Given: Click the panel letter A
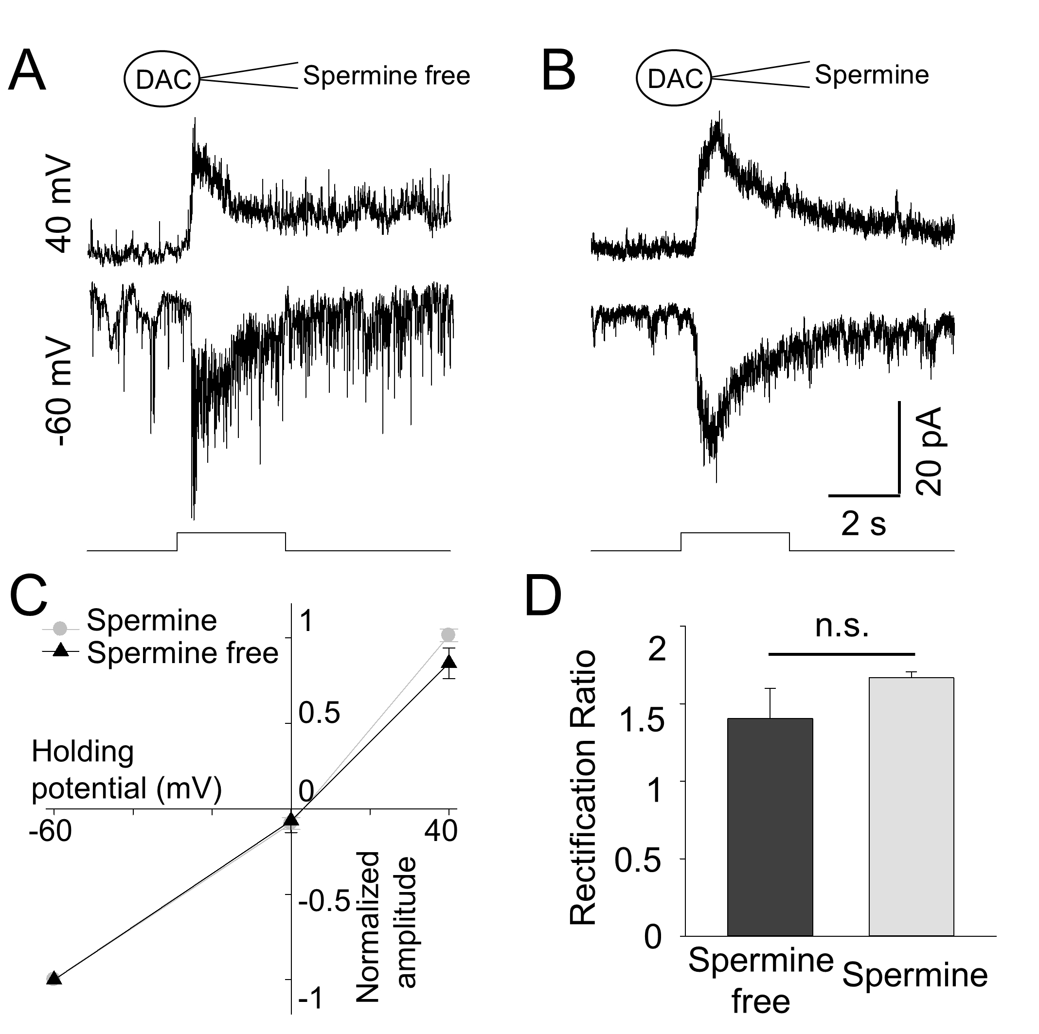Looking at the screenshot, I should [27, 71].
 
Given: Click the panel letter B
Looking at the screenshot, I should [558, 71].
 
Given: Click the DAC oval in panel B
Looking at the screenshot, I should [674, 78].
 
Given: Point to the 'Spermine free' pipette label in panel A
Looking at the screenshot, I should [386, 75].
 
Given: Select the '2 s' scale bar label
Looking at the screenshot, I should [863, 523].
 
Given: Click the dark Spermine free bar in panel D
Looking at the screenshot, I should [770, 827].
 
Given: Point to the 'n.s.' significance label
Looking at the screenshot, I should [842, 626].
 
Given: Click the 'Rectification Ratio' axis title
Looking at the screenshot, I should [582, 788].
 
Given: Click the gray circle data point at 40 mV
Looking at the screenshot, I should [448, 635].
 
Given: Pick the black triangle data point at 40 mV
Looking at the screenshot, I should [449, 662].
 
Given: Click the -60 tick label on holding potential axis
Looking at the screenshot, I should [50, 831].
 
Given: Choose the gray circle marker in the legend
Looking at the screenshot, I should [60, 628].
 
